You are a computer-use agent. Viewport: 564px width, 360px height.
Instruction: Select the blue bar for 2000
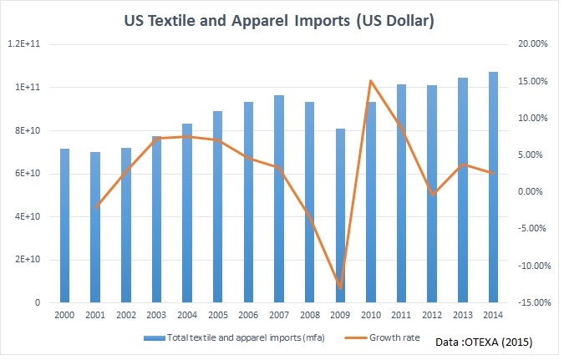click(x=64, y=226)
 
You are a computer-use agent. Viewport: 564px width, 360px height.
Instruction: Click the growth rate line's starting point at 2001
click(x=95, y=205)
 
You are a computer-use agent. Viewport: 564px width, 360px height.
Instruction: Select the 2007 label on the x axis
click(x=279, y=315)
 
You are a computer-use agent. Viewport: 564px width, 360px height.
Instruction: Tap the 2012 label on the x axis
click(x=432, y=315)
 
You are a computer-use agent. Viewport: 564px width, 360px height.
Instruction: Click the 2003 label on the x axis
click(x=156, y=315)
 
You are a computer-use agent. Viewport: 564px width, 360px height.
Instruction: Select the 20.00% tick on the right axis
click(x=532, y=44)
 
